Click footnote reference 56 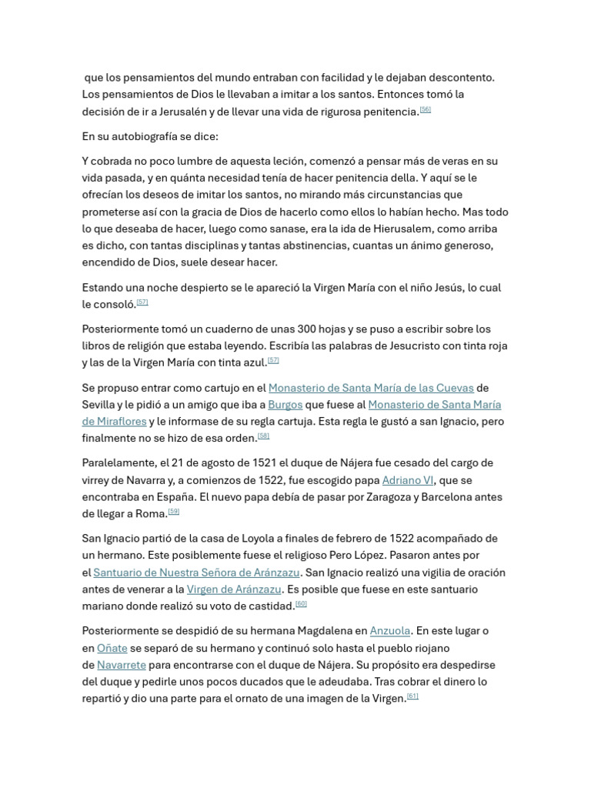tap(425, 109)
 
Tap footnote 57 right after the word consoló tap(142, 302)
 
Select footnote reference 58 tap(263, 436)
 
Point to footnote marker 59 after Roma tap(173, 511)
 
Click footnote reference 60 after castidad tap(301, 603)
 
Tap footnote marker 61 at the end tap(412, 696)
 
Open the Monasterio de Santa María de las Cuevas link tap(371, 388)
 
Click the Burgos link tap(285, 405)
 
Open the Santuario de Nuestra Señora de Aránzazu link tap(196, 573)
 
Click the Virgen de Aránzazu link tap(234, 589)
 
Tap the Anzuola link tap(390, 631)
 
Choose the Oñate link tap(112, 648)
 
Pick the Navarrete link tap(122, 665)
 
